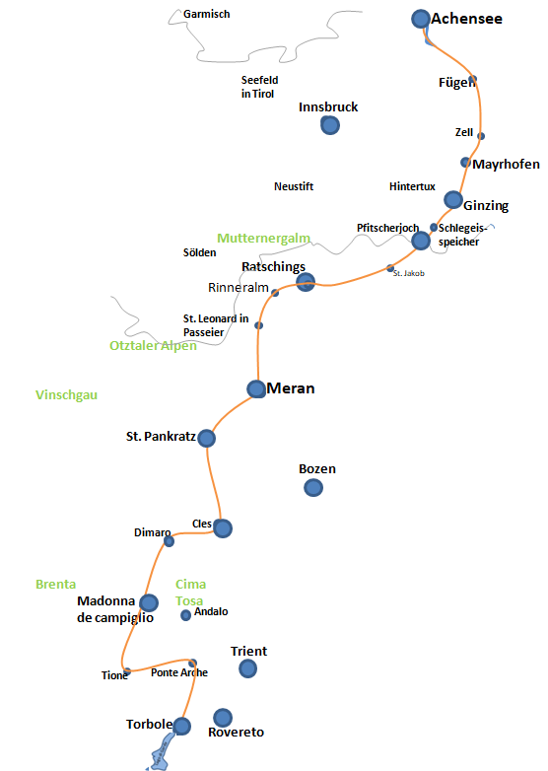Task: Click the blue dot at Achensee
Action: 421,19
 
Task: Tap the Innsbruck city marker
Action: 330,125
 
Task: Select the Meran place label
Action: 291,388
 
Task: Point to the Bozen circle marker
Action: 313,488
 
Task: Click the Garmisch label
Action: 206,14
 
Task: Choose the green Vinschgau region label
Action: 66,394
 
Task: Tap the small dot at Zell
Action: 481,136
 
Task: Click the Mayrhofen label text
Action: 507,165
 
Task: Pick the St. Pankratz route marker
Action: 206,438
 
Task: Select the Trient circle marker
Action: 247,668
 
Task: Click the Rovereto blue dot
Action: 223,718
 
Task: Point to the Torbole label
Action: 150,725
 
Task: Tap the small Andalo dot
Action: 185,615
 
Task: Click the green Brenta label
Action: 55,584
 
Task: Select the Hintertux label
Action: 412,186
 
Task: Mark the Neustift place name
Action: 294,186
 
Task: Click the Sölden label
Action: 199,252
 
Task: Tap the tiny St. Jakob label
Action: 408,273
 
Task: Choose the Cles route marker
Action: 223,528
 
